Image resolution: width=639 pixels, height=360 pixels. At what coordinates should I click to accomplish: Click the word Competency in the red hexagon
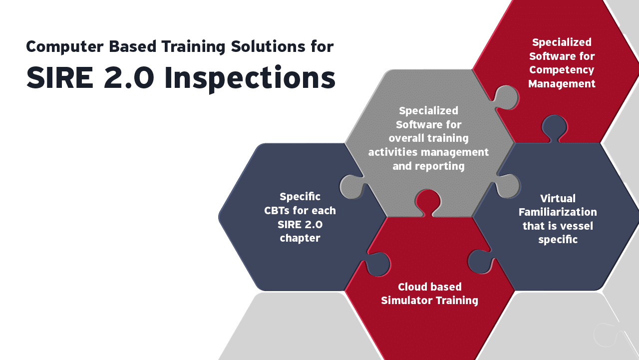coord(562,70)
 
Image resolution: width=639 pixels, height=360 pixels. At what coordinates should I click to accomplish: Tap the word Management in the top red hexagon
coord(562,84)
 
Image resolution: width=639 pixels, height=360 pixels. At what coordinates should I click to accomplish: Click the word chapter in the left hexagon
coord(300,238)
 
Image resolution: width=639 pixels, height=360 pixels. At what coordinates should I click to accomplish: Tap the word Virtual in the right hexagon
coord(558,198)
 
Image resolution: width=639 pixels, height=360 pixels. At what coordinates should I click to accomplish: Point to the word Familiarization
coord(558,212)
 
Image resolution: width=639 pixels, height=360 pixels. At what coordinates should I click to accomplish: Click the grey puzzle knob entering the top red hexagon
coord(505,96)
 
